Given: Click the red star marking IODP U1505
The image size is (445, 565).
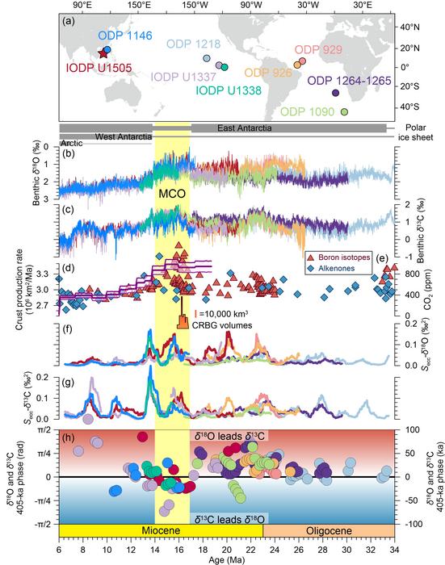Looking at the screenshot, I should [103, 52].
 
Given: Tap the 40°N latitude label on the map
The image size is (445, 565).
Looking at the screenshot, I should [412, 27].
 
